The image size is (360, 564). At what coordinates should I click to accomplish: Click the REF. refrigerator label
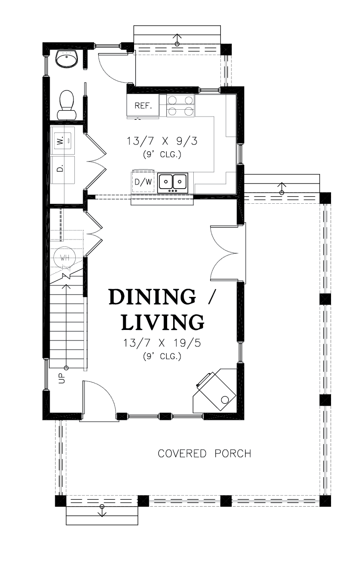[143, 106]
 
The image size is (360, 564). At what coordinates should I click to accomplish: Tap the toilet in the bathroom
[67, 105]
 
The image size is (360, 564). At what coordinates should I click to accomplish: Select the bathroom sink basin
[67, 59]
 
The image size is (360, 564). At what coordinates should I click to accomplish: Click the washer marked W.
[63, 140]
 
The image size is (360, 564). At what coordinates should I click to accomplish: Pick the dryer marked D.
[63, 170]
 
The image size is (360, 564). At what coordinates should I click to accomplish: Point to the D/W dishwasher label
[143, 182]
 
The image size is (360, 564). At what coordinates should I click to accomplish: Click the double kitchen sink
[173, 183]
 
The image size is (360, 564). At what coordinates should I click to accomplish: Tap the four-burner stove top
[180, 106]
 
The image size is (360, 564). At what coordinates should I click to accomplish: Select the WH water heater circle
[65, 257]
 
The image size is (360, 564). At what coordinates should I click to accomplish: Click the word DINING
[152, 297]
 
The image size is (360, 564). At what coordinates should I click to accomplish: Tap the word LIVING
[163, 322]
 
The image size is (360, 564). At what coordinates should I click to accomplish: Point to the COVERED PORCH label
[204, 453]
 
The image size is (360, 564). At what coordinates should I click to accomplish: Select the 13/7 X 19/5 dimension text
[162, 343]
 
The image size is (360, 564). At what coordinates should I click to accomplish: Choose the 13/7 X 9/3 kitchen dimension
[162, 141]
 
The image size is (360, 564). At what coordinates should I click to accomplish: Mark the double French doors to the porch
[224, 252]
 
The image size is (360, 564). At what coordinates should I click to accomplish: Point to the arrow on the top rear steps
[177, 40]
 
